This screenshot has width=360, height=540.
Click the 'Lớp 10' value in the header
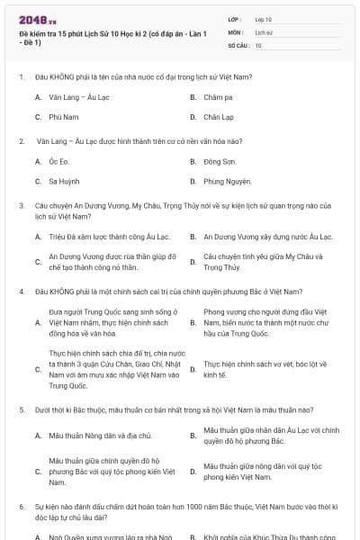pos(264,18)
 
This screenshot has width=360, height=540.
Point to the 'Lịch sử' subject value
pos(264,31)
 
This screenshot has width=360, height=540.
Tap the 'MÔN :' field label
pos(236,31)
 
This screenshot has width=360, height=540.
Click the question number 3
pos(21,205)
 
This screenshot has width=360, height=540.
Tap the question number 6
pos(21,508)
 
